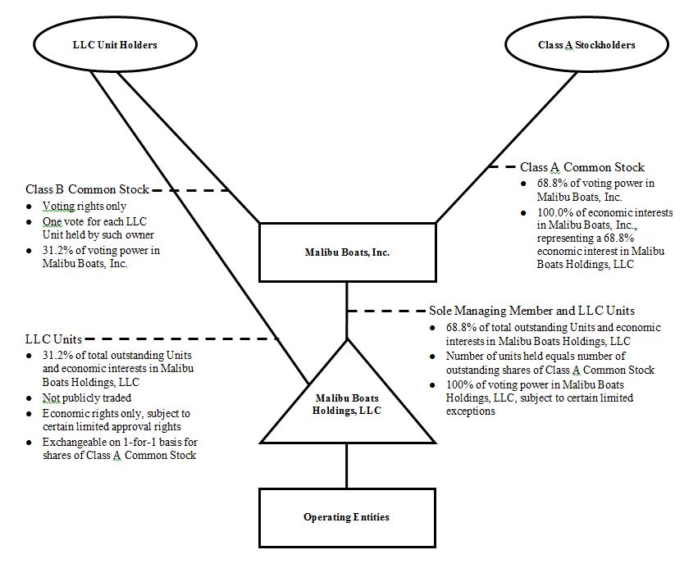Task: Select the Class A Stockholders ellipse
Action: click(x=586, y=45)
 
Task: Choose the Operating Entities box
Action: click(x=346, y=517)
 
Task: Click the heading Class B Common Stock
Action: click(x=87, y=190)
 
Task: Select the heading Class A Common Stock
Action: click(x=582, y=167)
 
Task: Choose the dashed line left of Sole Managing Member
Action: click(x=385, y=311)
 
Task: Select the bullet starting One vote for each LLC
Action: click(x=94, y=229)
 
